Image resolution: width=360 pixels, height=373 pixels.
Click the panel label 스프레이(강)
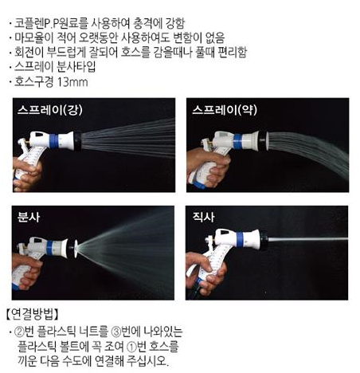(50, 110)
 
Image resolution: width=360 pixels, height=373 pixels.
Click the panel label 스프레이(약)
(225, 110)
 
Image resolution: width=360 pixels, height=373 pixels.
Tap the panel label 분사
(29, 218)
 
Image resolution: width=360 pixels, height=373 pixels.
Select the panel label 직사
(204, 218)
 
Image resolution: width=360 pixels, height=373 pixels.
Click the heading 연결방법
(32, 314)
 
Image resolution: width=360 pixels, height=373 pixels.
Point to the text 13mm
(72, 82)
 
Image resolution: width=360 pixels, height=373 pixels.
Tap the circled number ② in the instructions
(19, 332)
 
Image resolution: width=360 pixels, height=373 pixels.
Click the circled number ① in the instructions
(132, 347)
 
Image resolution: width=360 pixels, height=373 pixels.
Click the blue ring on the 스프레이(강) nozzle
(53, 141)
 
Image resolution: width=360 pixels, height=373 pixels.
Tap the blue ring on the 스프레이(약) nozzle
(237, 141)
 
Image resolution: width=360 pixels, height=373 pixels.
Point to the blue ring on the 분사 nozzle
(49, 248)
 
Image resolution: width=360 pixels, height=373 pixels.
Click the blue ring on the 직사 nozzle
(239, 239)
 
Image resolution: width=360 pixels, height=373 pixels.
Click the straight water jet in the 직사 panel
(308, 239)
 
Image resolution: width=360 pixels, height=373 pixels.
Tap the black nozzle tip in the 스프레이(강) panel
(78, 141)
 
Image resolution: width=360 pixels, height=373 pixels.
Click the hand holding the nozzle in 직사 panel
(205, 273)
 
